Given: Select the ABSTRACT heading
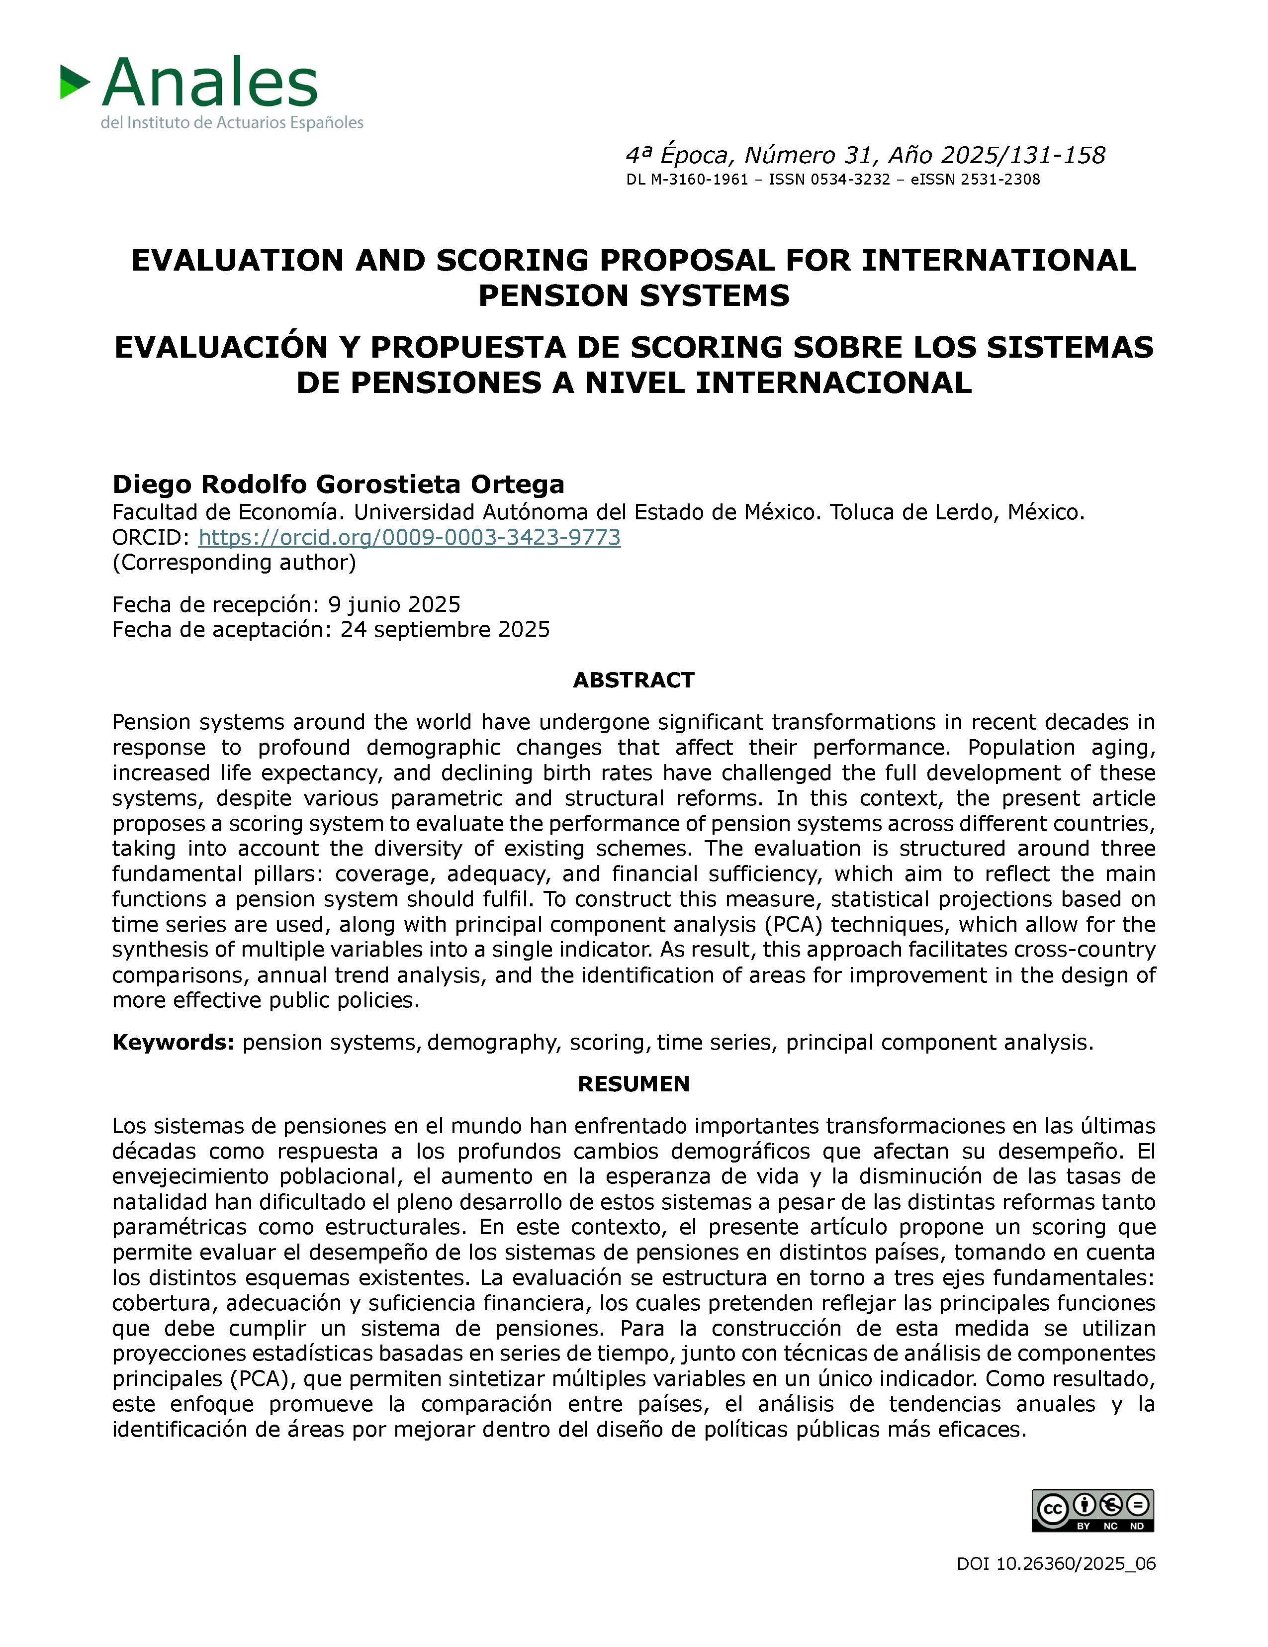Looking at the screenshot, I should click(x=633, y=680).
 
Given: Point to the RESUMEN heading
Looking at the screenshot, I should click(x=633, y=1084).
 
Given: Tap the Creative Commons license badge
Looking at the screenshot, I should click(x=1092, y=1511).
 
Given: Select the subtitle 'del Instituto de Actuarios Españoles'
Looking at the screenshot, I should click(x=232, y=122).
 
